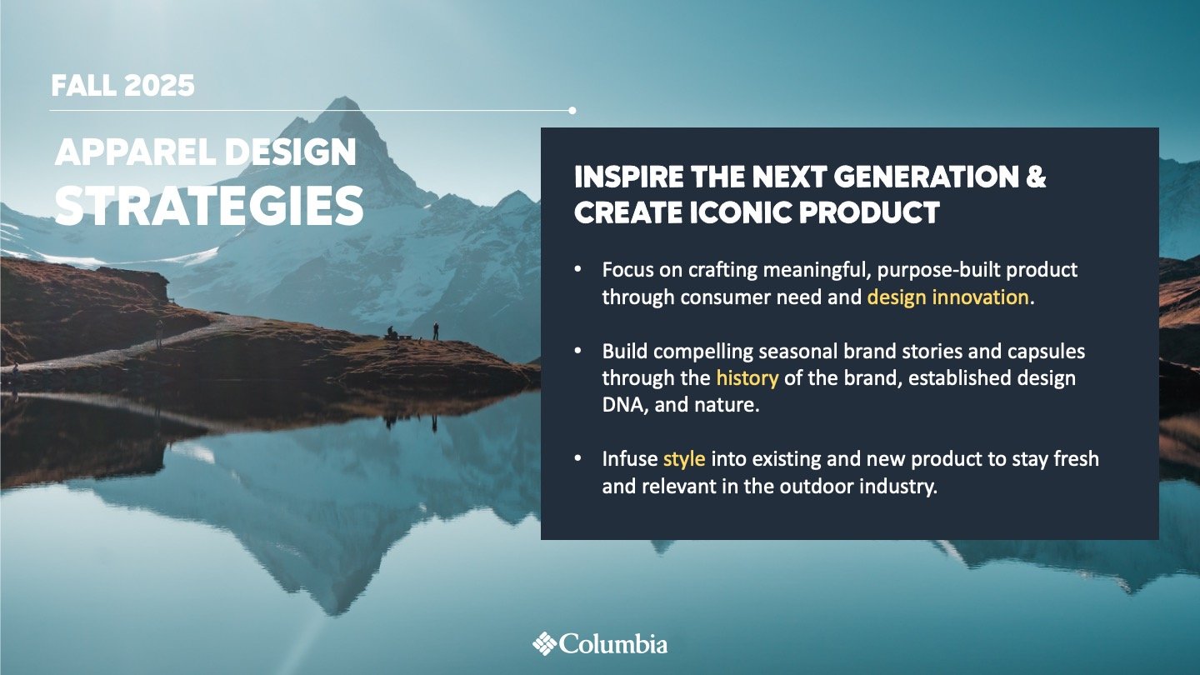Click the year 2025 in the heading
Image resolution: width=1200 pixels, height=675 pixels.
tap(158, 86)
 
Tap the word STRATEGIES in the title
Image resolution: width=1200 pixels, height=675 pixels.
tap(209, 206)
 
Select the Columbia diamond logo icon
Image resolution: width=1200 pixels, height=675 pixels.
tap(544, 643)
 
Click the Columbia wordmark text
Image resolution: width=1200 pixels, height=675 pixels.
tap(613, 643)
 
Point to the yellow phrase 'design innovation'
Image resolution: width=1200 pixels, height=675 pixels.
tap(947, 297)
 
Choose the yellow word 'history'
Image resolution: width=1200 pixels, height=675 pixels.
tap(747, 378)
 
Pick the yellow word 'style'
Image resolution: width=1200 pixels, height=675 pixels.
tap(684, 459)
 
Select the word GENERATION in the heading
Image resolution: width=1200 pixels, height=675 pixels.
tap(926, 177)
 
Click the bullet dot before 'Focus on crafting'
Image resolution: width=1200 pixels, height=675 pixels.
tap(577, 269)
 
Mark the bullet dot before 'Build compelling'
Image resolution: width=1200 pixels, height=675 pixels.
tap(577, 351)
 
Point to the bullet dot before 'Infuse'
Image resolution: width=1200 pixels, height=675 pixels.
tap(577, 458)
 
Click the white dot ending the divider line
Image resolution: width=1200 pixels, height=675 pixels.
tap(572, 110)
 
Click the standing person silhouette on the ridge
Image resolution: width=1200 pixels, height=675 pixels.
tap(436, 331)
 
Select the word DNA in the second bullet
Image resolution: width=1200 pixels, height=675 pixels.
tap(621, 405)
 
